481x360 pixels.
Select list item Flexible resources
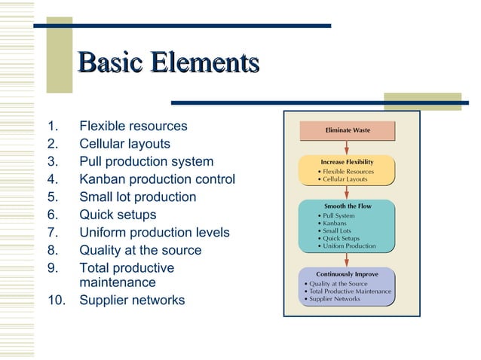click(x=133, y=126)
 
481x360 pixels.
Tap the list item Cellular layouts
click(x=124, y=144)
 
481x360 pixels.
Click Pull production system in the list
click(x=146, y=162)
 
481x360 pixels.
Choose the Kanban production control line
click(x=157, y=180)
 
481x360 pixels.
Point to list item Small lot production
click(x=137, y=197)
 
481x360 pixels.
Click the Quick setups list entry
click(x=118, y=215)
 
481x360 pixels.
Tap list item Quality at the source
click(x=140, y=251)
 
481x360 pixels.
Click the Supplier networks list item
click(x=132, y=301)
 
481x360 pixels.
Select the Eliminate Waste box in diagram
click(x=347, y=130)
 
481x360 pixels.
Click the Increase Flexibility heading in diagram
click(x=347, y=161)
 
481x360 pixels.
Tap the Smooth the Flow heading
click(x=347, y=206)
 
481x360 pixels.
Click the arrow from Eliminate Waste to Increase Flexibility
click(x=347, y=148)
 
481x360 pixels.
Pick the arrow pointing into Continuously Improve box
click(x=347, y=260)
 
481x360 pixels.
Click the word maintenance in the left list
click(x=118, y=282)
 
